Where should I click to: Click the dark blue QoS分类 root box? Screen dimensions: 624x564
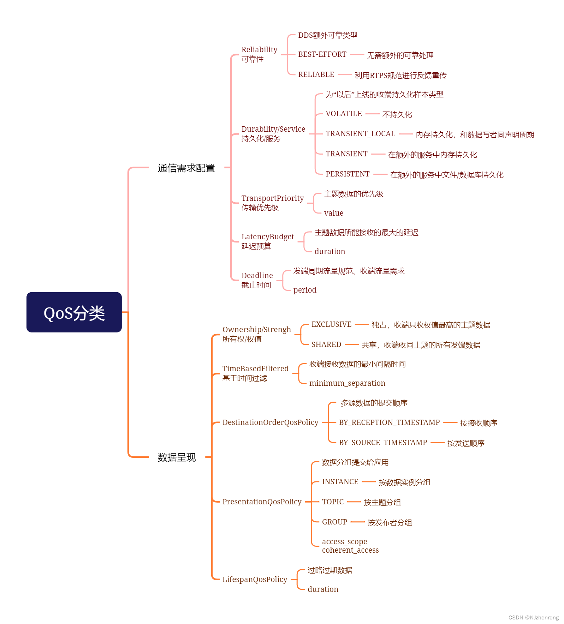pyautogui.click(x=74, y=312)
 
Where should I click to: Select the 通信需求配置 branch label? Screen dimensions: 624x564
pyautogui.click(x=186, y=168)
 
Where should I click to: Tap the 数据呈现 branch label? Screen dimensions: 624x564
pyautogui.click(x=177, y=457)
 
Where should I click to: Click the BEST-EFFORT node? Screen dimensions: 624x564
pyautogui.click(x=322, y=54)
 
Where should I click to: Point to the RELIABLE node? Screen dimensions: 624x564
pyautogui.click(x=316, y=74)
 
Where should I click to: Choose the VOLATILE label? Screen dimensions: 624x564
pyautogui.click(x=344, y=114)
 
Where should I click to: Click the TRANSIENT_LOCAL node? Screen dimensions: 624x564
pyautogui.click(x=360, y=134)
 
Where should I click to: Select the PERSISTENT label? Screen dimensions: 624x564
pyautogui.click(x=348, y=174)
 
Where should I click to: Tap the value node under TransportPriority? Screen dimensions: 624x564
pyautogui.click(x=333, y=213)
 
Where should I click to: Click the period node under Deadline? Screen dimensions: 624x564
pyautogui.click(x=305, y=290)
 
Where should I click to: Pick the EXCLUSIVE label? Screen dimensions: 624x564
pyautogui.click(x=331, y=324)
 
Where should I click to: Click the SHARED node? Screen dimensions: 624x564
pyautogui.click(x=326, y=344)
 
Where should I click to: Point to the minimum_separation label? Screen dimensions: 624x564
pyautogui.click(x=347, y=383)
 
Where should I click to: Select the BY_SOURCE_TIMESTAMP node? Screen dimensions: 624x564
pyautogui.click(x=383, y=443)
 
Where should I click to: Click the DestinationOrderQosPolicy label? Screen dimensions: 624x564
pyautogui.click(x=270, y=422)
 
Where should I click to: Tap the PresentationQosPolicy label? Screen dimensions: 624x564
pyautogui.click(x=262, y=502)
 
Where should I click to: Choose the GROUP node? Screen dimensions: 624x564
pyautogui.click(x=334, y=522)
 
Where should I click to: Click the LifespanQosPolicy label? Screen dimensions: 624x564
pyautogui.click(x=255, y=580)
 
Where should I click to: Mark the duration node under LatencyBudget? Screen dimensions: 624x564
pyautogui.click(x=330, y=252)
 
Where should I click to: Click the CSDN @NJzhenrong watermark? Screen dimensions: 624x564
pyautogui.click(x=533, y=618)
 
